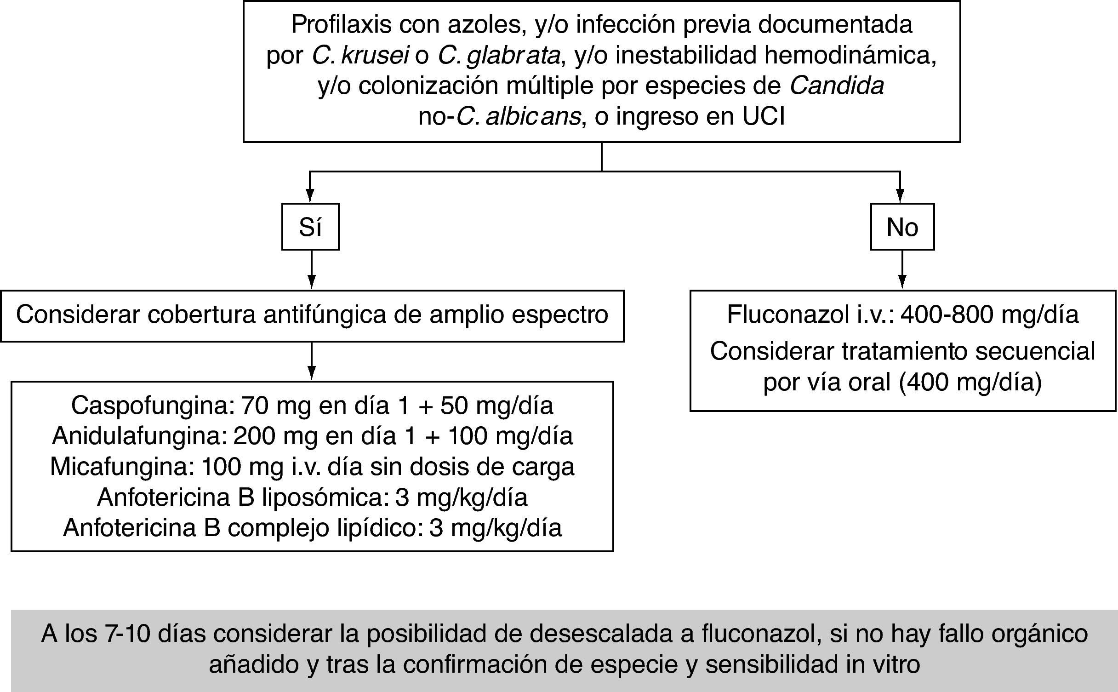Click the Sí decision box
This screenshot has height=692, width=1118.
310,227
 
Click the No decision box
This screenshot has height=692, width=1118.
902,227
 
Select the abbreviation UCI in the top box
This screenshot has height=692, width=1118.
763,116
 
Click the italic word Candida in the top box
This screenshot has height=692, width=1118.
837,86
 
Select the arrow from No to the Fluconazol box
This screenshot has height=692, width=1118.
902,270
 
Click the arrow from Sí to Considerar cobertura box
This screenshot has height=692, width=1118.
312,270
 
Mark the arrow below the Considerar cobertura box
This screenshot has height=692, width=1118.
312,361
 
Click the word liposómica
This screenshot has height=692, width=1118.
322,498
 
